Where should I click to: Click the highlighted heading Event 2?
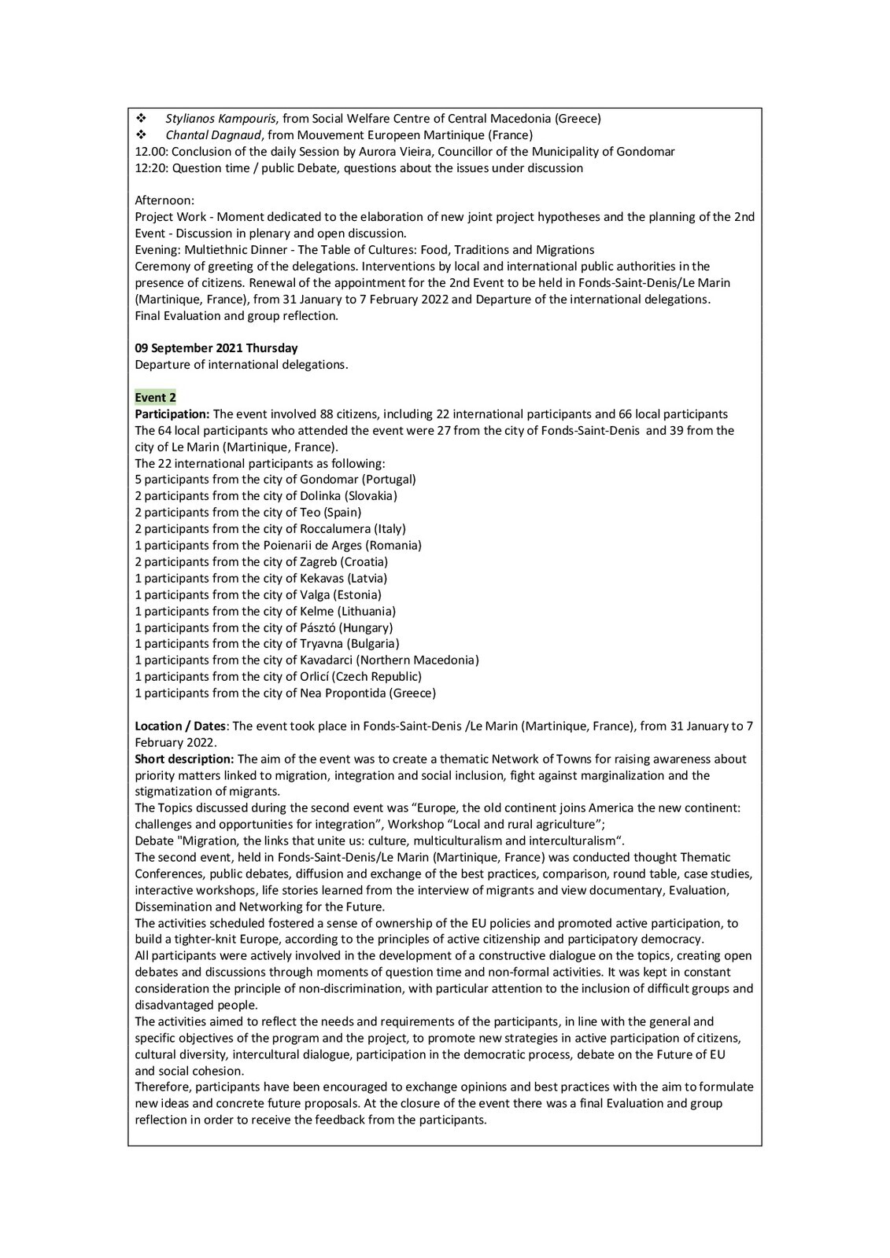click(x=155, y=398)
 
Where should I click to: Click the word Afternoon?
click(x=164, y=200)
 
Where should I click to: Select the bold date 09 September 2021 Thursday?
click(x=216, y=348)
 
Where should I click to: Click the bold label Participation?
click(x=172, y=414)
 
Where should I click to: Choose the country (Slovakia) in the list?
click(x=371, y=496)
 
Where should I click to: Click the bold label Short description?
click(x=184, y=759)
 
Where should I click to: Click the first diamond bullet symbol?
click(x=142, y=119)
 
